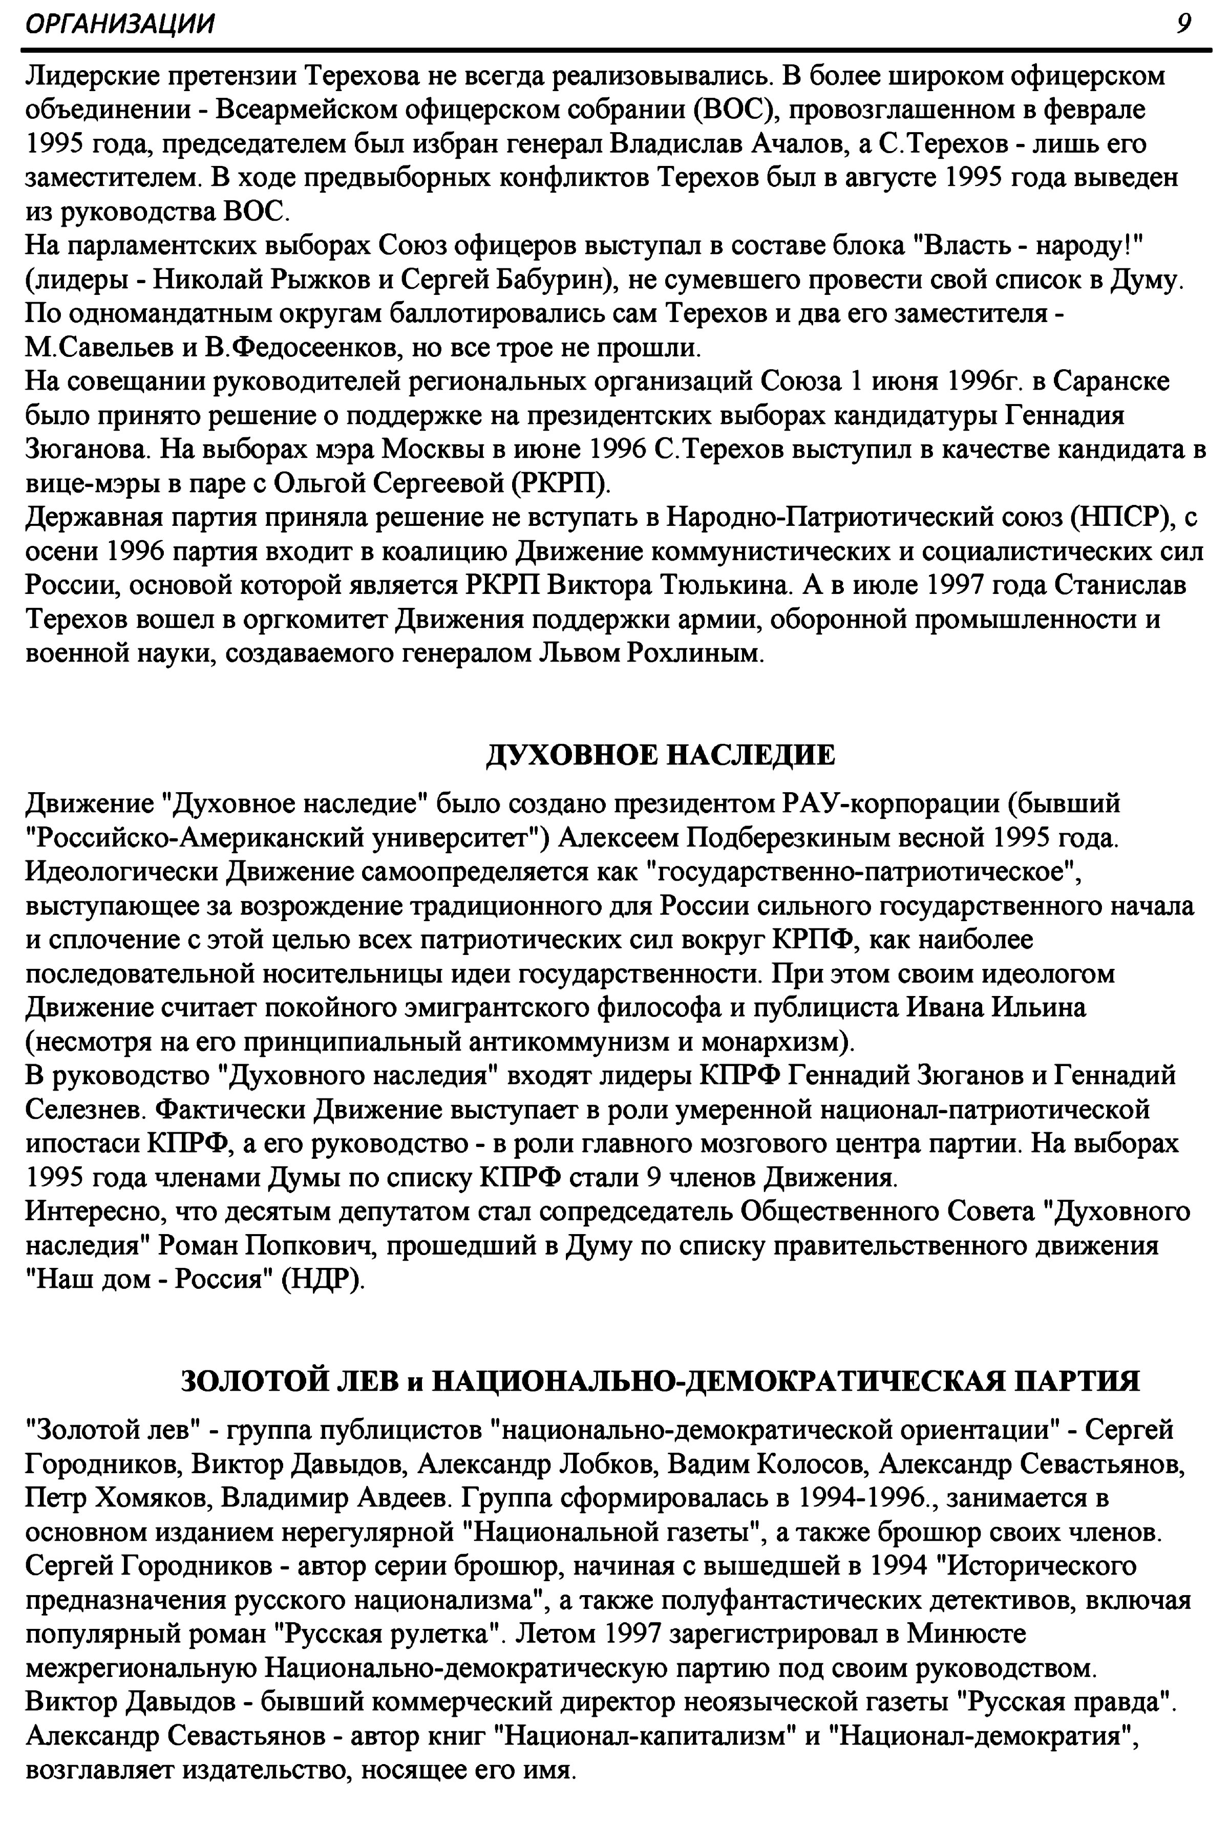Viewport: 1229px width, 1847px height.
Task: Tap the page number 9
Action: (1183, 24)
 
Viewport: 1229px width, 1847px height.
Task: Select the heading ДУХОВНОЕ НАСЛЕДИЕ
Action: (661, 755)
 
